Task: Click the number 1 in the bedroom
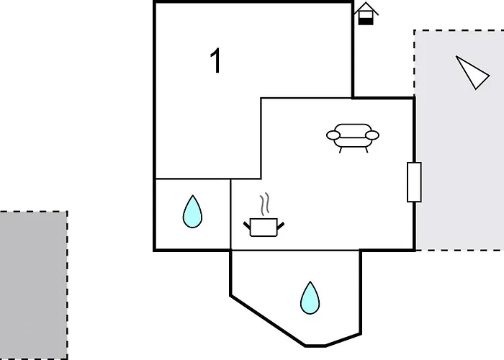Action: [x=216, y=60]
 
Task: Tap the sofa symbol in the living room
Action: [x=353, y=138]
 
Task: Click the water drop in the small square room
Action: [x=192, y=212]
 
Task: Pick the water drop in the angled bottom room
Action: [x=310, y=297]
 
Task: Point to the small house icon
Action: [x=366, y=14]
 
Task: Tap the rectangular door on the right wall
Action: [x=414, y=182]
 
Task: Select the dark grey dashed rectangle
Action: [x=33, y=285]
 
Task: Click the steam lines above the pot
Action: [x=265, y=204]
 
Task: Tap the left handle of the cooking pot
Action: [x=247, y=225]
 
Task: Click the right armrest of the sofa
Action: [x=372, y=135]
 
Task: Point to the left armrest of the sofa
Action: [x=333, y=135]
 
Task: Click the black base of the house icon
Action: [x=366, y=22]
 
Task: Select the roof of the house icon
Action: [x=366, y=8]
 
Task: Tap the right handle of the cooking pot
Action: [x=281, y=226]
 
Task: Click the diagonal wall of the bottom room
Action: [x=268, y=321]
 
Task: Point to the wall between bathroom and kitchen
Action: [x=230, y=214]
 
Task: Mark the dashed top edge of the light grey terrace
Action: [x=459, y=30]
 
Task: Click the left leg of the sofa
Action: [x=341, y=150]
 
